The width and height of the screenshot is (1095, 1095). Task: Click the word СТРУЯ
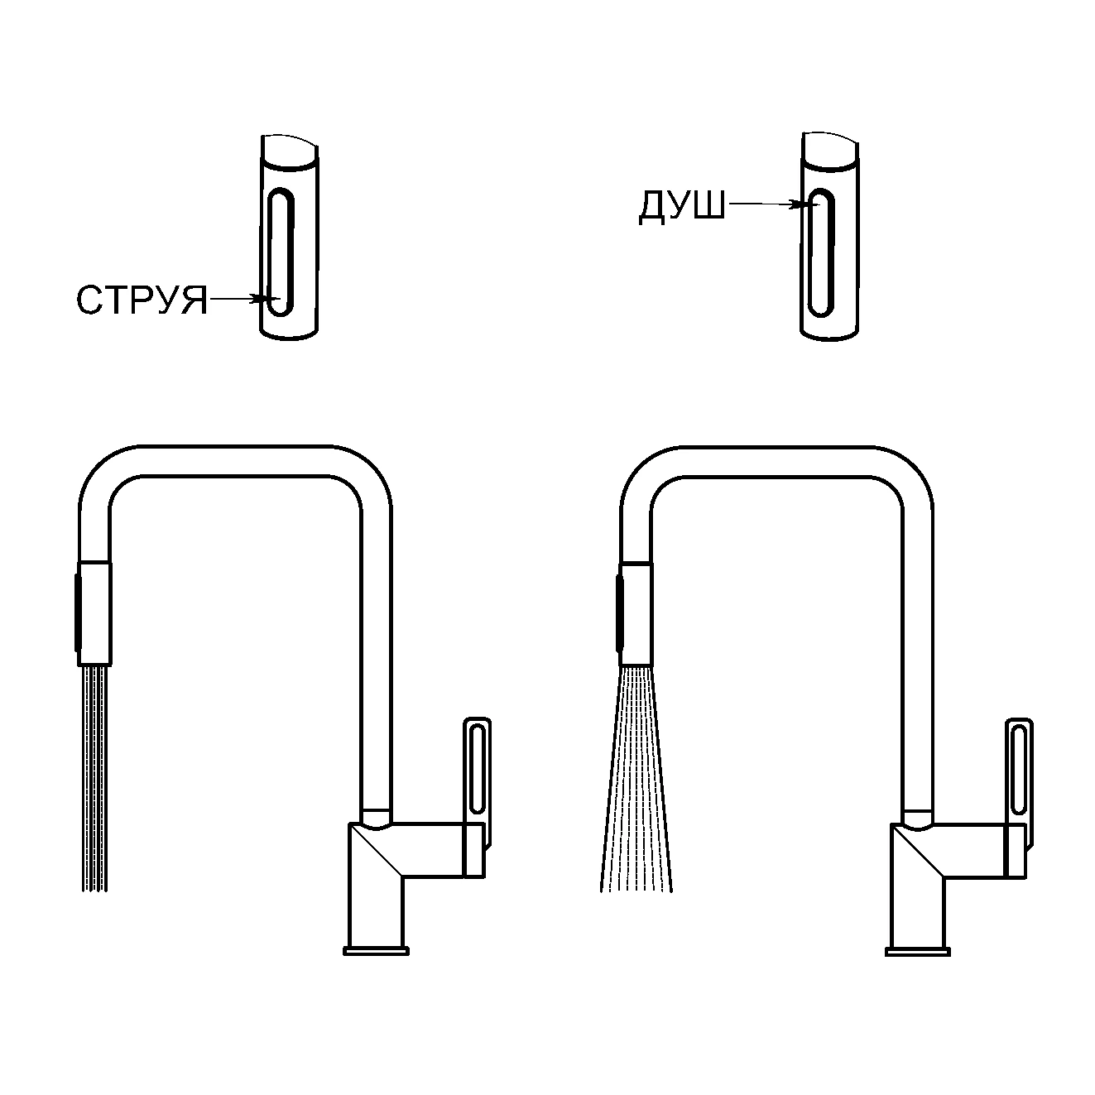coord(142,300)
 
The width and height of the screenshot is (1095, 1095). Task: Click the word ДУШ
coord(682,206)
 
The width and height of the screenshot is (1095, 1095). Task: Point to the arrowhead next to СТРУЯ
coord(262,299)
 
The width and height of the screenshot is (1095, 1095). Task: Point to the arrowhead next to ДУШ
coord(800,204)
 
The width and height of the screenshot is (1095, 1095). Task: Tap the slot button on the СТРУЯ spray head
coord(281,253)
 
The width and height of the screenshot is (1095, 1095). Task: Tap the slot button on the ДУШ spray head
coord(821,253)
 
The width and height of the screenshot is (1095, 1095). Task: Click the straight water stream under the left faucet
coord(95,778)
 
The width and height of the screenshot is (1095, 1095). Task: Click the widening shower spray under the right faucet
coord(636,778)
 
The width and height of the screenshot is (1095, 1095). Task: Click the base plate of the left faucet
coord(377,951)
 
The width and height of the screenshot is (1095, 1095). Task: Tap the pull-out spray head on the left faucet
coord(94,612)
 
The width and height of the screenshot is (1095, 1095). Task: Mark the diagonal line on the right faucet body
coord(918,851)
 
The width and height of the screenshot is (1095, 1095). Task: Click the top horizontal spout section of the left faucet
coord(235,461)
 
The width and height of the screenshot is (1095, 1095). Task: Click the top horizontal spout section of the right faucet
coord(777,461)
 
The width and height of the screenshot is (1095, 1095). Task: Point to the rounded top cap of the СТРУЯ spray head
coord(289,151)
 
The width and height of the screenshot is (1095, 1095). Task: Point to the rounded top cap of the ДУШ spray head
coord(829,151)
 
